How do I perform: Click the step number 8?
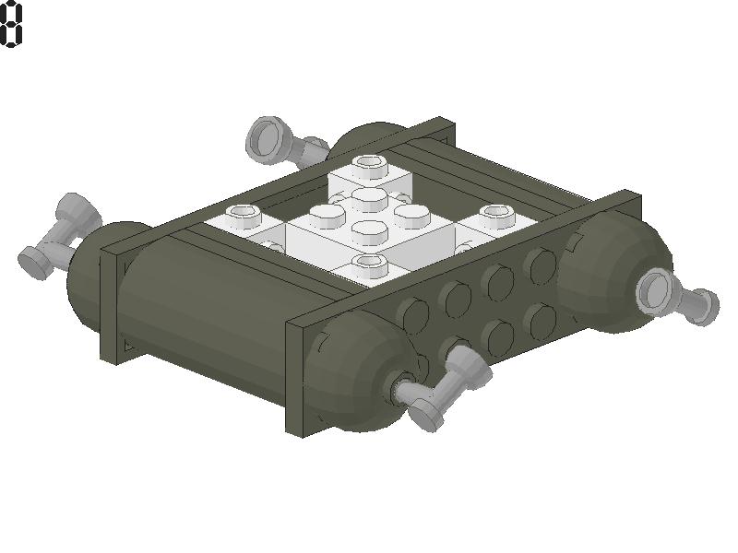click(x=11, y=25)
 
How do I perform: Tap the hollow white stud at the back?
click(x=371, y=166)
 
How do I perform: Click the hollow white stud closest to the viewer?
click(x=371, y=266)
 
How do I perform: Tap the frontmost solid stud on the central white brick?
click(x=369, y=229)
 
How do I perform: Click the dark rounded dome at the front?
click(x=360, y=373)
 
